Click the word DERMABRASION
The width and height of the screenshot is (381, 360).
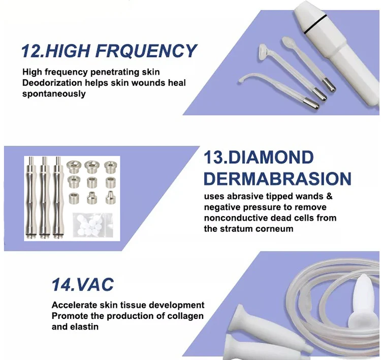277,178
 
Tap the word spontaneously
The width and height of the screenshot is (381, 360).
54,94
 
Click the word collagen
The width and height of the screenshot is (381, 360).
185,316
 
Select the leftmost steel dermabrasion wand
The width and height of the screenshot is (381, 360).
32,198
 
